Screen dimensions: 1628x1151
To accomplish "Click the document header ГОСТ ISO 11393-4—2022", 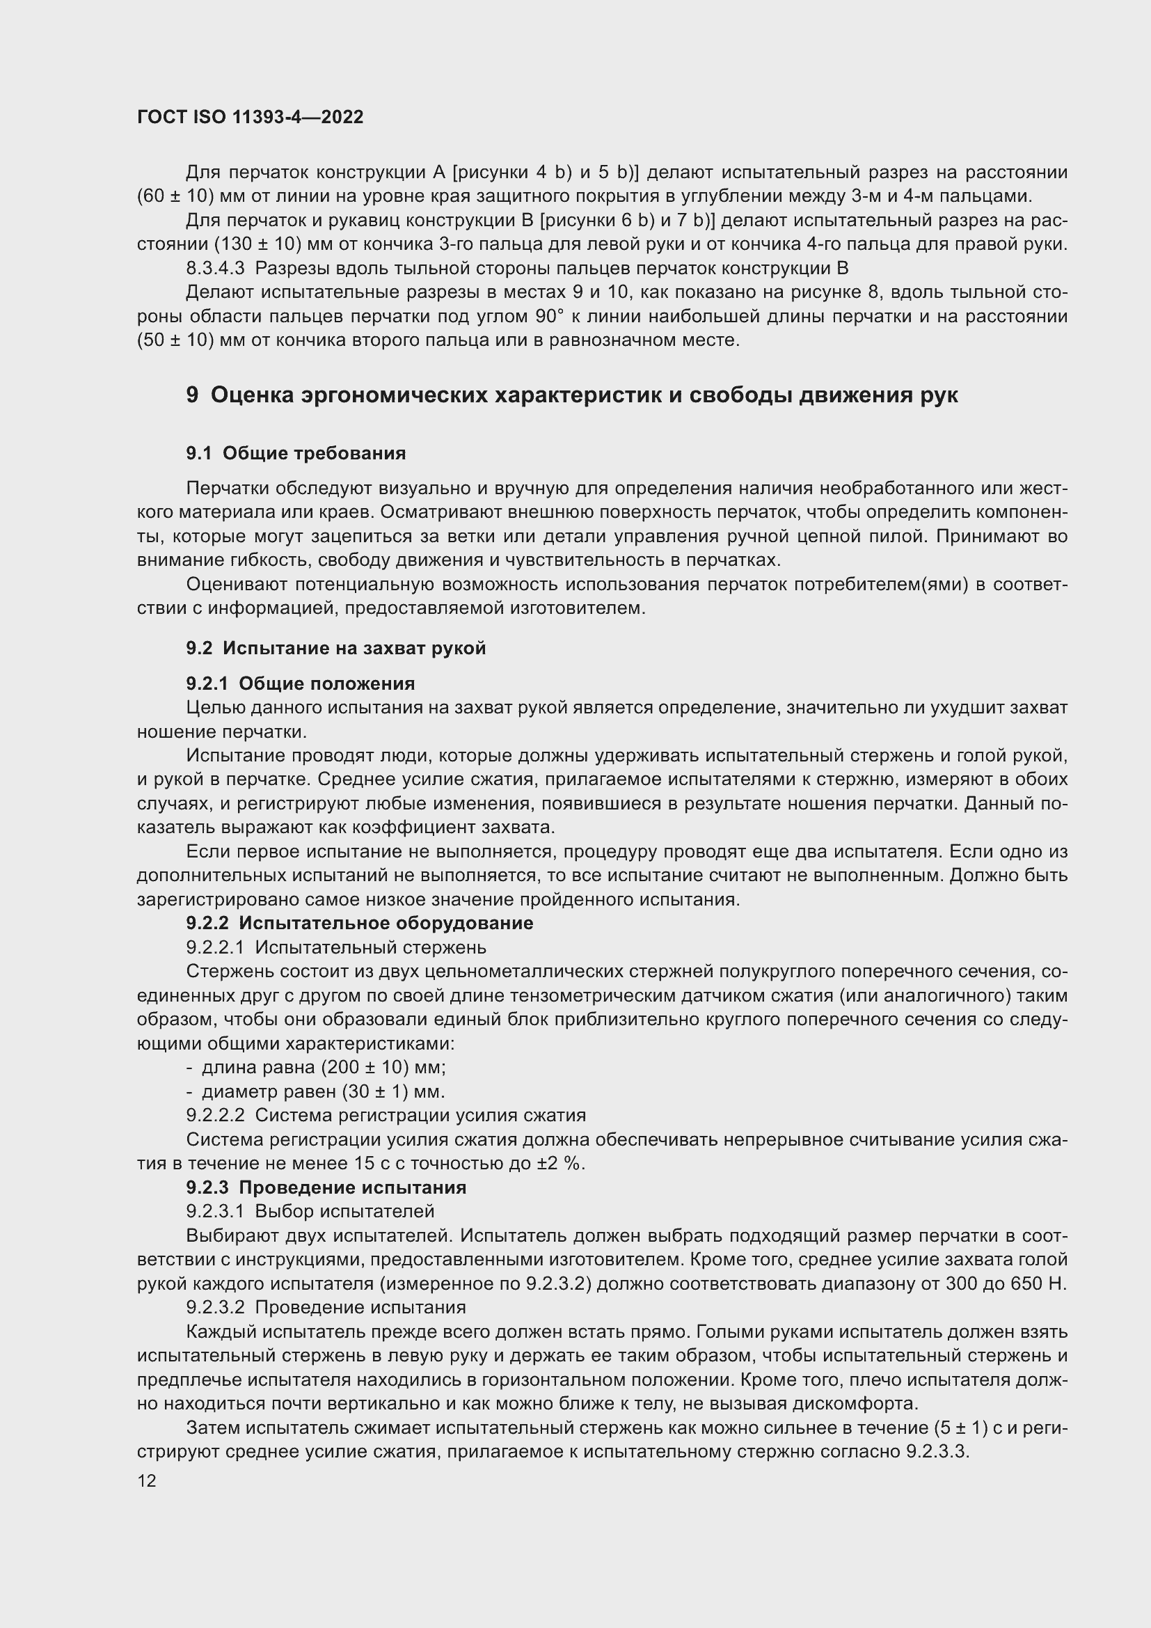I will [x=250, y=117].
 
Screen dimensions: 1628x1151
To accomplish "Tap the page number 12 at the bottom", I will [x=147, y=1481].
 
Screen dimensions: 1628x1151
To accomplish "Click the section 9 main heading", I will [x=571, y=395].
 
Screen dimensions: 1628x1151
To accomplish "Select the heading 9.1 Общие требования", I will [x=296, y=453].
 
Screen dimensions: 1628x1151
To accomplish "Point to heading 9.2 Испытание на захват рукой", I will [x=335, y=648].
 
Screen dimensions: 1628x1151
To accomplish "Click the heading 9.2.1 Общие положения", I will [x=300, y=683].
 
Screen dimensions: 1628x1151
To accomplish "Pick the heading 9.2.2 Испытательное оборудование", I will [x=359, y=923].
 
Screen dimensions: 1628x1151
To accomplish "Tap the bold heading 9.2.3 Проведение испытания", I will [x=326, y=1187].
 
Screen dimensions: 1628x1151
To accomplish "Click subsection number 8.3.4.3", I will [x=215, y=268].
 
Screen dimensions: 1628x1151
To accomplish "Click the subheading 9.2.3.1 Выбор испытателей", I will [x=310, y=1211].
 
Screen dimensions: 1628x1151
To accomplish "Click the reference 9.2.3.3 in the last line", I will [x=936, y=1451].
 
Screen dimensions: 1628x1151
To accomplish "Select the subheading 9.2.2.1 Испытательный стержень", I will [x=336, y=947].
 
